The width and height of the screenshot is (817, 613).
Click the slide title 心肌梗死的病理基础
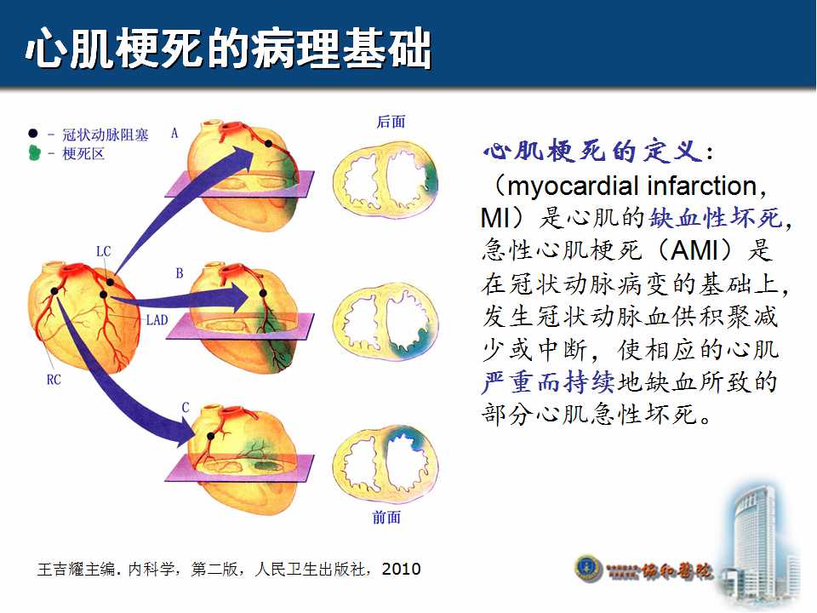(228, 48)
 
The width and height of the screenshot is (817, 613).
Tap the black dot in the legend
(33, 134)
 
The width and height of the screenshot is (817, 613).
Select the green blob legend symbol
(34, 152)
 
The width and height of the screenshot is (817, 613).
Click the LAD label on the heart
(157, 319)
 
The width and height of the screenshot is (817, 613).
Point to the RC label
(54, 380)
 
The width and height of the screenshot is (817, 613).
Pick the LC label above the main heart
(104, 251)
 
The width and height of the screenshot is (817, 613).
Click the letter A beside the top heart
(174, 134)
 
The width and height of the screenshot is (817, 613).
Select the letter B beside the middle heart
(180, 273)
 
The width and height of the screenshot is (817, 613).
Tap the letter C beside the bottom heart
(186, 408)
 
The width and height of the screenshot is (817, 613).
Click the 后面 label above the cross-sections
(391, 122)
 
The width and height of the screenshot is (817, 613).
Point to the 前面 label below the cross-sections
(386, 517)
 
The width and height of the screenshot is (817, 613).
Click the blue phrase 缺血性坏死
(716, 217)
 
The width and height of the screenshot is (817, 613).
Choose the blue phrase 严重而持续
(548, 382)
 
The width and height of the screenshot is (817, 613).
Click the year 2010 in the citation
(401, 569)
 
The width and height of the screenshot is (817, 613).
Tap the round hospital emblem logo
(589, 569)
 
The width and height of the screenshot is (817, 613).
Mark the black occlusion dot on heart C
(210, 436)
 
